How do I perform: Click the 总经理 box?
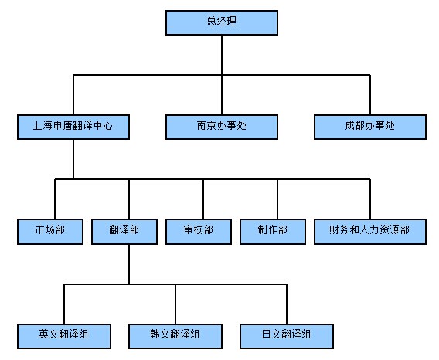pos(222,22)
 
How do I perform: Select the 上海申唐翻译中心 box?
pos(73,127)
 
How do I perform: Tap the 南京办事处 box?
pos(222,127)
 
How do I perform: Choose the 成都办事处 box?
pos(370,127)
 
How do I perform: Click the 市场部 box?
pos(50,232)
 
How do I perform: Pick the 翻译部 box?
pos(124,232)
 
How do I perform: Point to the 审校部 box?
pos(199,232)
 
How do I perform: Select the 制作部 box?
pos(273,232)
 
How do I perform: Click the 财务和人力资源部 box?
pos(370,232)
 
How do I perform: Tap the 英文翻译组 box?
pos(64,336)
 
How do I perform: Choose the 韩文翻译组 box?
pos(175,336)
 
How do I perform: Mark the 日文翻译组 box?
pos(287,336)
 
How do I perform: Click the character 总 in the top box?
pos(212,21)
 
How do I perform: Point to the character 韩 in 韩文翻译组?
pos(155,334)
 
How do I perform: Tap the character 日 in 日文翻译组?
pos(266,334)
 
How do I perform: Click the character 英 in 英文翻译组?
pos(44,334)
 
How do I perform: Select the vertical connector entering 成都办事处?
pos(370,94)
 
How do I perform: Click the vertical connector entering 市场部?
pos(55,199)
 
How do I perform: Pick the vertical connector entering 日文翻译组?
pos(287,304)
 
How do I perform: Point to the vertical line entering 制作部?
pos(277,199)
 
